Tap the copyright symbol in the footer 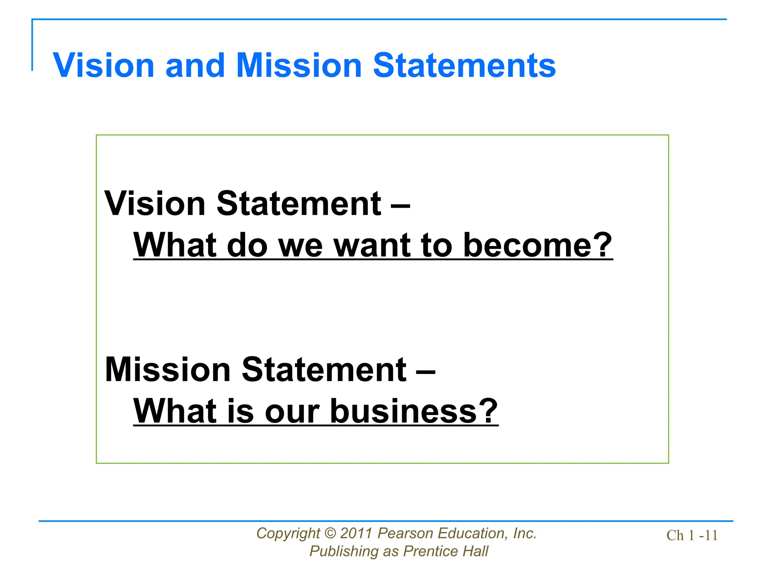[330, 533]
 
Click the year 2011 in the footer [357, 533]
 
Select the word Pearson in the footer [406, 533]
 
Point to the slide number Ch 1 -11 [692, 535]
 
